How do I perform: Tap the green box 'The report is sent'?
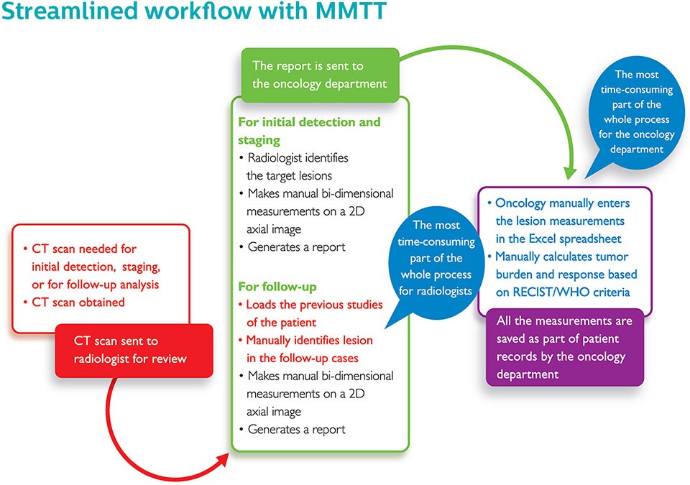click(318, 74)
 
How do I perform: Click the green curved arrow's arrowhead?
click(571, 175)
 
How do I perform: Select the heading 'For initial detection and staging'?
click(309, 131)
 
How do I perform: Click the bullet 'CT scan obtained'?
click(78, 302)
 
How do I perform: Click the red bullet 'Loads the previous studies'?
click(314, 313)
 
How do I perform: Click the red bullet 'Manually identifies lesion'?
click(312, 348)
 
